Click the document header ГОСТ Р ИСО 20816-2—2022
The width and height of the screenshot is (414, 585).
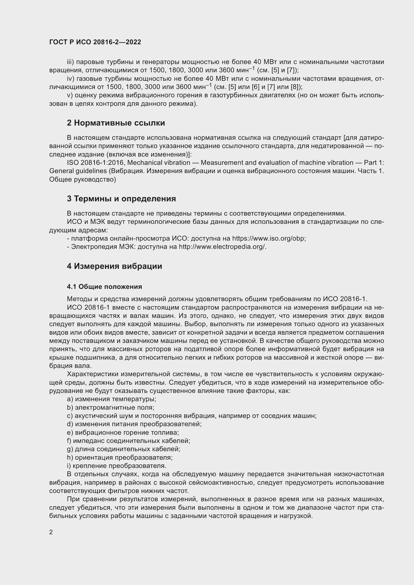(x=95, y=42)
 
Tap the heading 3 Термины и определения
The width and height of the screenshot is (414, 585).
(x=121, y=199)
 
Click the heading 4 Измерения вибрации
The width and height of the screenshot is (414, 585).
(x=114, y=266)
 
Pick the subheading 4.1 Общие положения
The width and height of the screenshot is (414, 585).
(x=104, y=287)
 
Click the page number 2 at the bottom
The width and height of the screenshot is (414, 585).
(x=51, y=532)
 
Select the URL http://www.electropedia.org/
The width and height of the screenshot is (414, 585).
(x=222, y=247)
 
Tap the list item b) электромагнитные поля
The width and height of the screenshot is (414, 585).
(x=111, y=407)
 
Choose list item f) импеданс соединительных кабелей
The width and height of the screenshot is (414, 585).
(x=128, y=441)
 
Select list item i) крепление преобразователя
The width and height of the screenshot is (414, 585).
(x=116, y=466)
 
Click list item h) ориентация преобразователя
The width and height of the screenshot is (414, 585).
(x=120, y=457)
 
